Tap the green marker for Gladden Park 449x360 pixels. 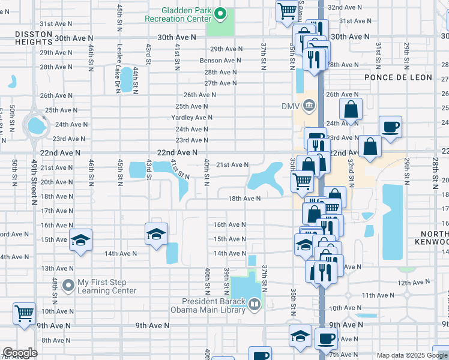click(x=220, y=13)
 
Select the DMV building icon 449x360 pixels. click(x=309, y=106)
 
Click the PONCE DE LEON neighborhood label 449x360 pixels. click(x=394, y=78)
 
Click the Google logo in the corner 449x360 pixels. click(x=20, y=353)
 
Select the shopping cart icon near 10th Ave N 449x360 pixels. click(x=25, y=313)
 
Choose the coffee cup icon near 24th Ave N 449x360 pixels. click(x=390, y=127)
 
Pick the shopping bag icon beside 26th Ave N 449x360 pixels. click(x=351, y=110)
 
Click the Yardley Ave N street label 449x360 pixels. click(x=190, y=118)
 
